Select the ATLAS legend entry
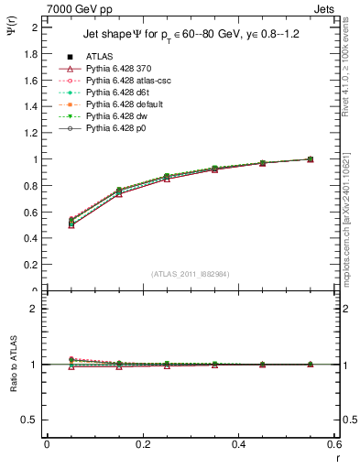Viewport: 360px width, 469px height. click(x=100, y=56)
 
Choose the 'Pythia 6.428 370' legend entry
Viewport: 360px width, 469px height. click(x=116, y=69)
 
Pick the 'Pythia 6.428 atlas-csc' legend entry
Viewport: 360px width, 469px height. click(x=127, y=81)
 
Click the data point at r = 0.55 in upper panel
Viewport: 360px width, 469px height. click(x=310, y=159)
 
